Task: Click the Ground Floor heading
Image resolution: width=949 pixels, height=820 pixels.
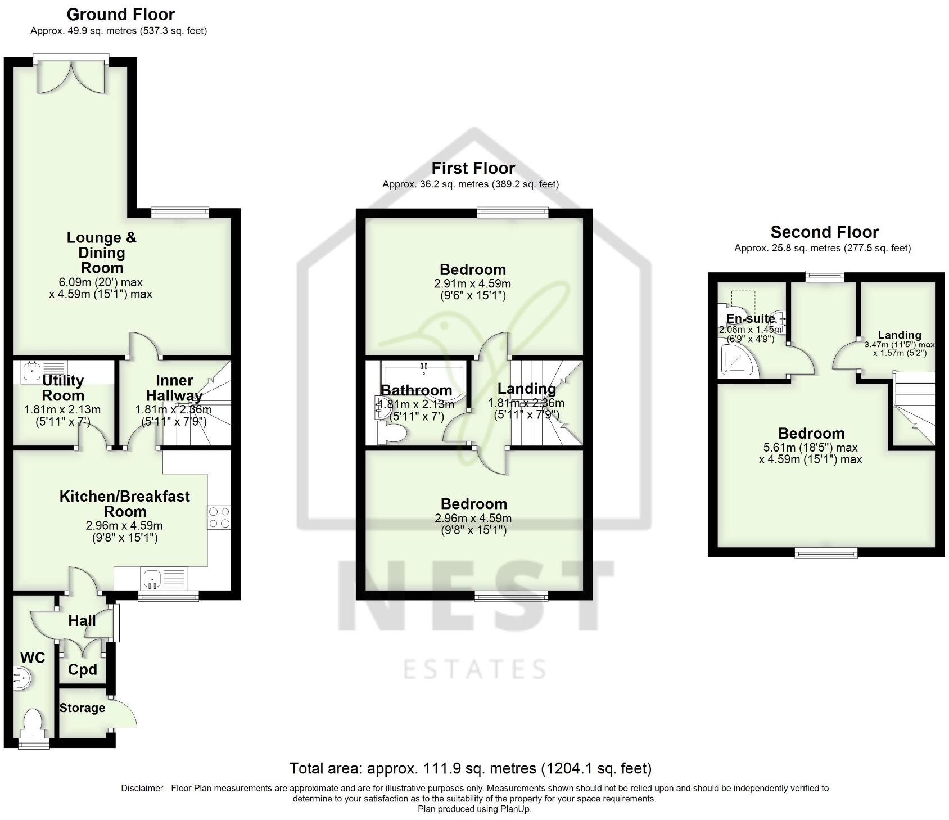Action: [x=120, y=14]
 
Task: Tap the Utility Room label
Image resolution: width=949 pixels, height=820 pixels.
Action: [x=63, y=388]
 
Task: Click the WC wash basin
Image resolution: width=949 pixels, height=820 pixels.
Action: [x=23, y=678]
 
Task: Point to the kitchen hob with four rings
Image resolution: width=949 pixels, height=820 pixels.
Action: [x=219, y=517]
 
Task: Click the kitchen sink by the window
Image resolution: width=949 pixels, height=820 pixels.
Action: [x=152, y=578]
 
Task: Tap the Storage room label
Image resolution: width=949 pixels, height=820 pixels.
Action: [x=82, y=708]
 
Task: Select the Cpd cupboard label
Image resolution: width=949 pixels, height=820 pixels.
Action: [x=83, y=669]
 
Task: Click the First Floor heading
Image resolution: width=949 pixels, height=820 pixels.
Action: [x=473, y=168]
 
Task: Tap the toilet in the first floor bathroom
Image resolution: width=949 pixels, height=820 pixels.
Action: [x=394, y=434]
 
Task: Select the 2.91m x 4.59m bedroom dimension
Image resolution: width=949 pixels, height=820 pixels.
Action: [x=472, y=284]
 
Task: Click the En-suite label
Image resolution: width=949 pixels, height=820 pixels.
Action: [x=750, y=318]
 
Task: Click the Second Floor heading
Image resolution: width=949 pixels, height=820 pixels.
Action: [x=824, y=232]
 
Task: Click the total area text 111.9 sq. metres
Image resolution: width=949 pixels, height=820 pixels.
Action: [x=470, y=768]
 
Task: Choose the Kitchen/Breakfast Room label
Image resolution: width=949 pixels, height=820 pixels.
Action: [x=125, y=503]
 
